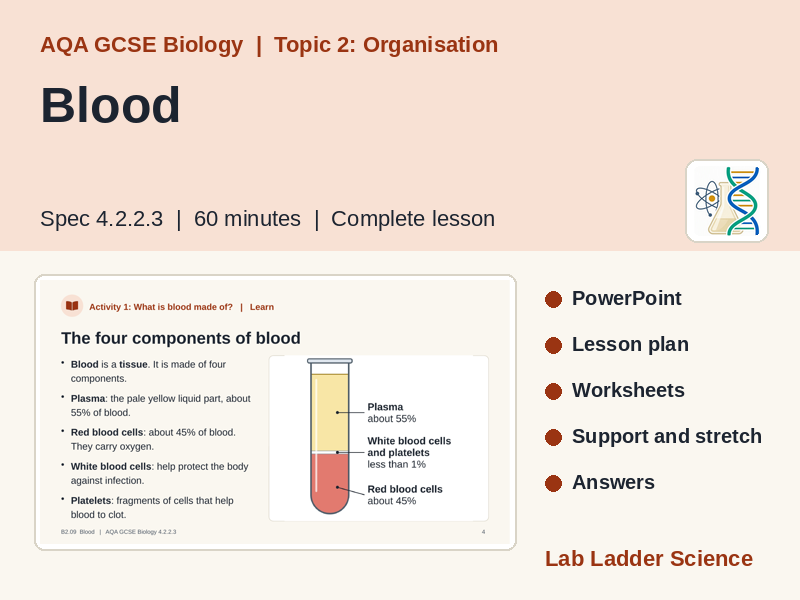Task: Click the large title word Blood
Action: (x=110, y=105)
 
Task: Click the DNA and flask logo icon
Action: (x=727, y=201)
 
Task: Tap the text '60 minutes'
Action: (x=247, y=219)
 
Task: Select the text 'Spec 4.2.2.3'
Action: (x=102, y=219)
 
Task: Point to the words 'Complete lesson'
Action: (x=413, y=219)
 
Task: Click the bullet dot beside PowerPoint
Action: (x=553, y=299)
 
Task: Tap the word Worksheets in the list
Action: (x=628, y=390)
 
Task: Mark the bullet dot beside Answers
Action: (x=553, y=483)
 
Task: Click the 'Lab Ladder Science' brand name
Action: (x=648, y=559)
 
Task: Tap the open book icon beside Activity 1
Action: (x=72, y=306)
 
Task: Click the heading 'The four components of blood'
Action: (x=181, y=338)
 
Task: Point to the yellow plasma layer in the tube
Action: (x=330, y=412)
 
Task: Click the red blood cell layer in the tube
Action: (x=330, y=482)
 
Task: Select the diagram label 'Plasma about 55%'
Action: (x=392, y=413)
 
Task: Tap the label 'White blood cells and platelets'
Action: (x=409, y=446)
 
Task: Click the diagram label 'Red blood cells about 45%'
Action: (x=405, y=495)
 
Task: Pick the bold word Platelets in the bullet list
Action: (x=91, y=501)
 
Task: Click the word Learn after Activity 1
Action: (x=262, y=307)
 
